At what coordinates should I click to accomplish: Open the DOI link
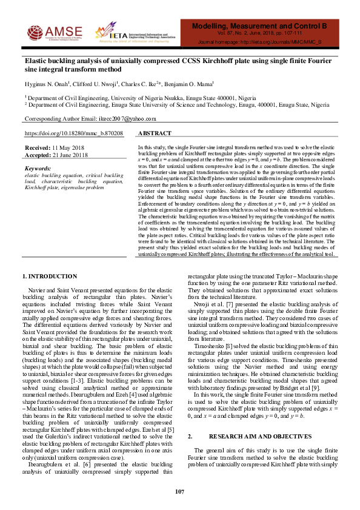pyautogui.click(x=73, y=133)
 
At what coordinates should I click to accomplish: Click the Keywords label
pyautogui.click(x=37, y=168)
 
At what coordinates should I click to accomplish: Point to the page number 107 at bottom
pyautogui.click(x=180, y=492)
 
